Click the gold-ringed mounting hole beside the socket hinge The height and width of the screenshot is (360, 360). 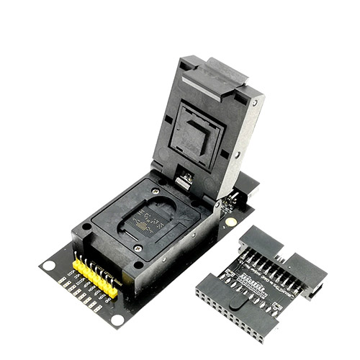point(230,222)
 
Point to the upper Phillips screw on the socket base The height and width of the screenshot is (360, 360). point(156,190)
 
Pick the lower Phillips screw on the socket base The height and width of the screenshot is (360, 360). point(138,248)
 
